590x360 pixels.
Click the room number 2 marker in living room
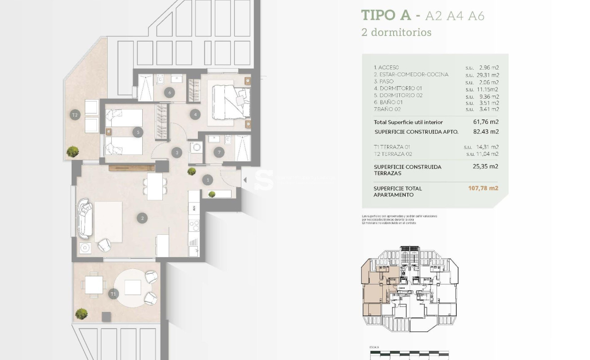click(142, 219)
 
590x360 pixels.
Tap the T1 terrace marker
click(114, 294)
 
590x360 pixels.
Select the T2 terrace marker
click(75, 115)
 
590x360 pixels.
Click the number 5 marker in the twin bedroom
click(138, 132)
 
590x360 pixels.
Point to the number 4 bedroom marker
click(195, 114)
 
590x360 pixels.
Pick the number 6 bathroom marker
click(169, 93)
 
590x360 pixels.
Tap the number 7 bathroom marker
click(219, 152)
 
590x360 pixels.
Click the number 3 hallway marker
click(177, 153)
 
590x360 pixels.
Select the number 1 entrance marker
click(207, 180)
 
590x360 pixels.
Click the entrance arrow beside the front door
click(245, 180)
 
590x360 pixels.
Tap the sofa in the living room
click(85, 219)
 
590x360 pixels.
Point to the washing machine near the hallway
click(196, 149)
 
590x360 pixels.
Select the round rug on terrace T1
click(133, 287)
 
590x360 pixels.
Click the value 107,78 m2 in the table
click(483, 189)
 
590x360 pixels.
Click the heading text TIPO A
click(386, 15)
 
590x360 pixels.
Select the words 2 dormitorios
click(390, 32)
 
